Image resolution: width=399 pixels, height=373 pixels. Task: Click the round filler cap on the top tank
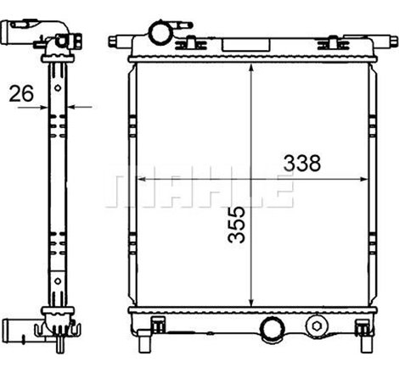point(160,32)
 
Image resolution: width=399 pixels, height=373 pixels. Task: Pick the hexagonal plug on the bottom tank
point(318,326)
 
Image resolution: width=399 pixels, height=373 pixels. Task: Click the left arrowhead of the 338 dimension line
point(140,179)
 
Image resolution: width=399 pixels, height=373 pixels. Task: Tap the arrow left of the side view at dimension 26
point(42,107)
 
